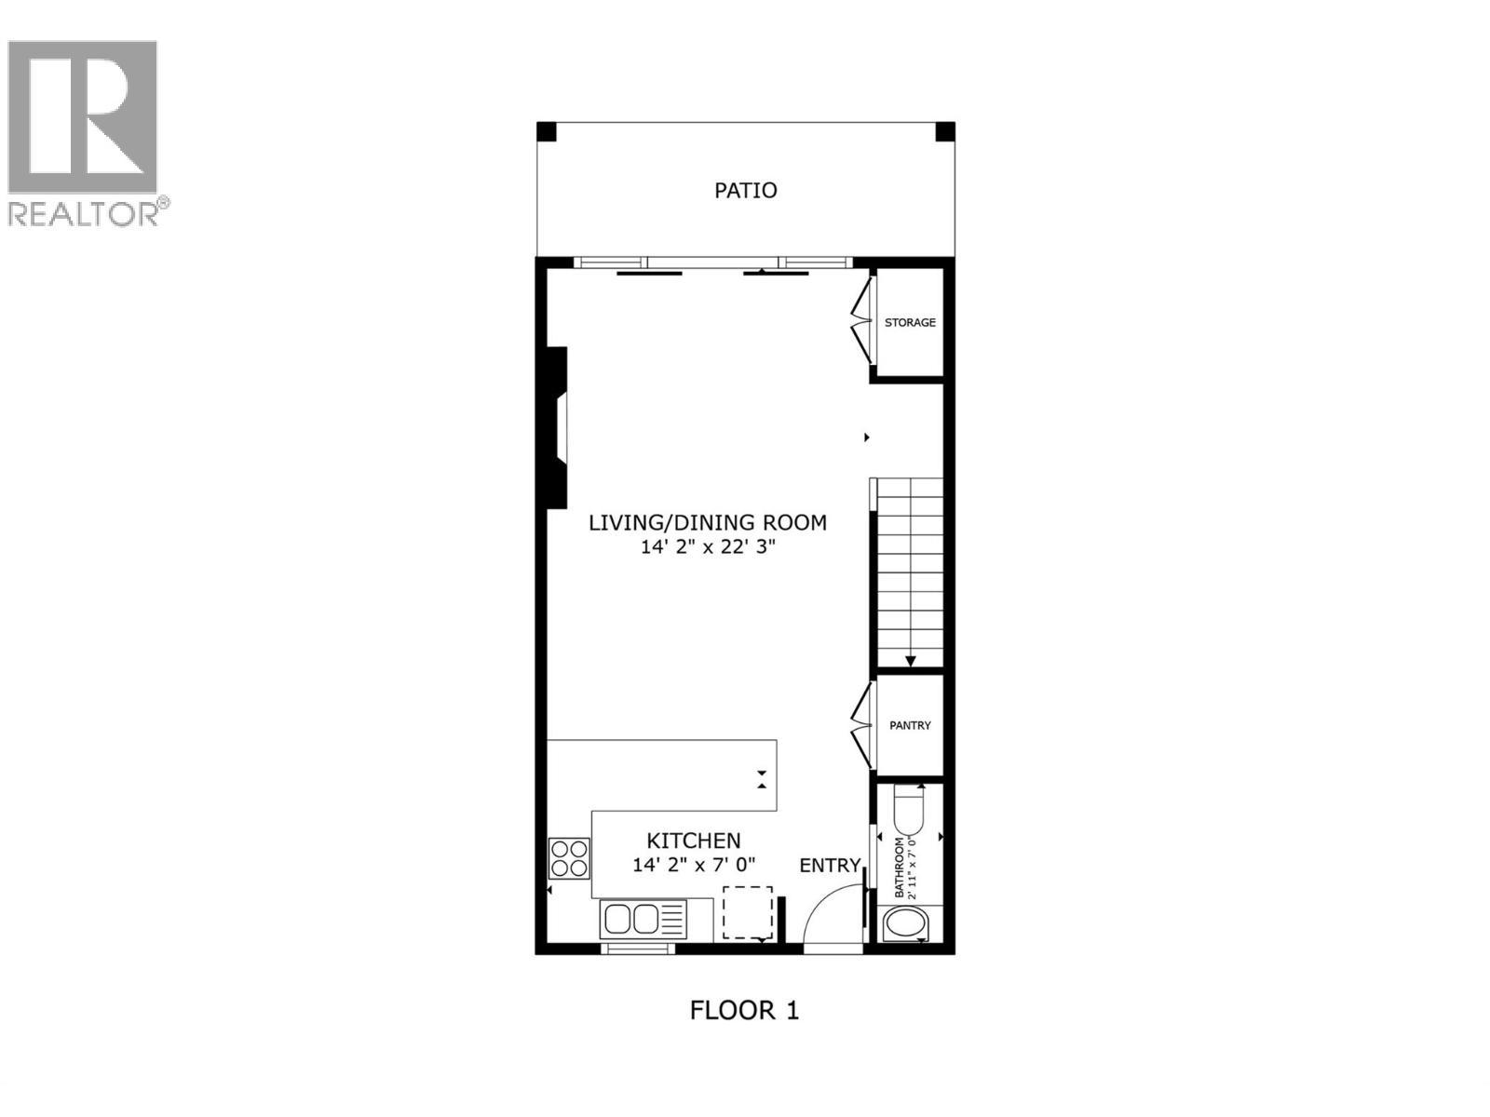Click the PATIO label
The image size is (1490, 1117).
point(745,191)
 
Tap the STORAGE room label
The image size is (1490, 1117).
point(910,323)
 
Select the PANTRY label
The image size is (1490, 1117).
point(910,725)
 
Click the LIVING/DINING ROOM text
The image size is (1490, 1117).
point(707,522)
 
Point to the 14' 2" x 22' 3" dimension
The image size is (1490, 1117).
point(707,547)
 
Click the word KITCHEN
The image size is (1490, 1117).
point(694,841)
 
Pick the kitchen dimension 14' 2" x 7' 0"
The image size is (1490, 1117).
point(694,865)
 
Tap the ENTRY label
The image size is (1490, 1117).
point(830,866)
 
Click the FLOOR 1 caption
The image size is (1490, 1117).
point(744,1010)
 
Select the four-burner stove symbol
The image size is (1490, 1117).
point(569,858)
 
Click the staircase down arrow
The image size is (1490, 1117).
point(910,661)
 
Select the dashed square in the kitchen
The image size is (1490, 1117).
point(748,912)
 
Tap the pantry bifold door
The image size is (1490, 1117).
point(861,725)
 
